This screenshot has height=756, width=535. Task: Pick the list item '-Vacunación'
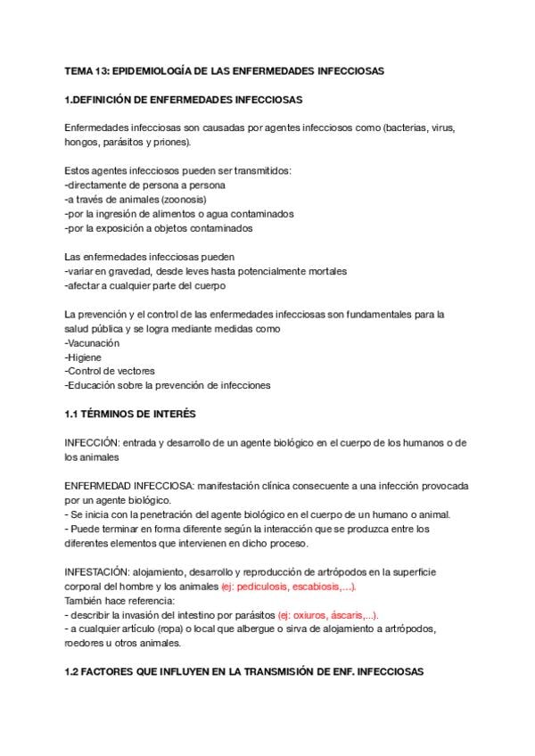[92, 342]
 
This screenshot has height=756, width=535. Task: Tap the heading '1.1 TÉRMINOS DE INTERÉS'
[130, 414]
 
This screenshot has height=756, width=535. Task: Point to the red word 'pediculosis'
[268, 586]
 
